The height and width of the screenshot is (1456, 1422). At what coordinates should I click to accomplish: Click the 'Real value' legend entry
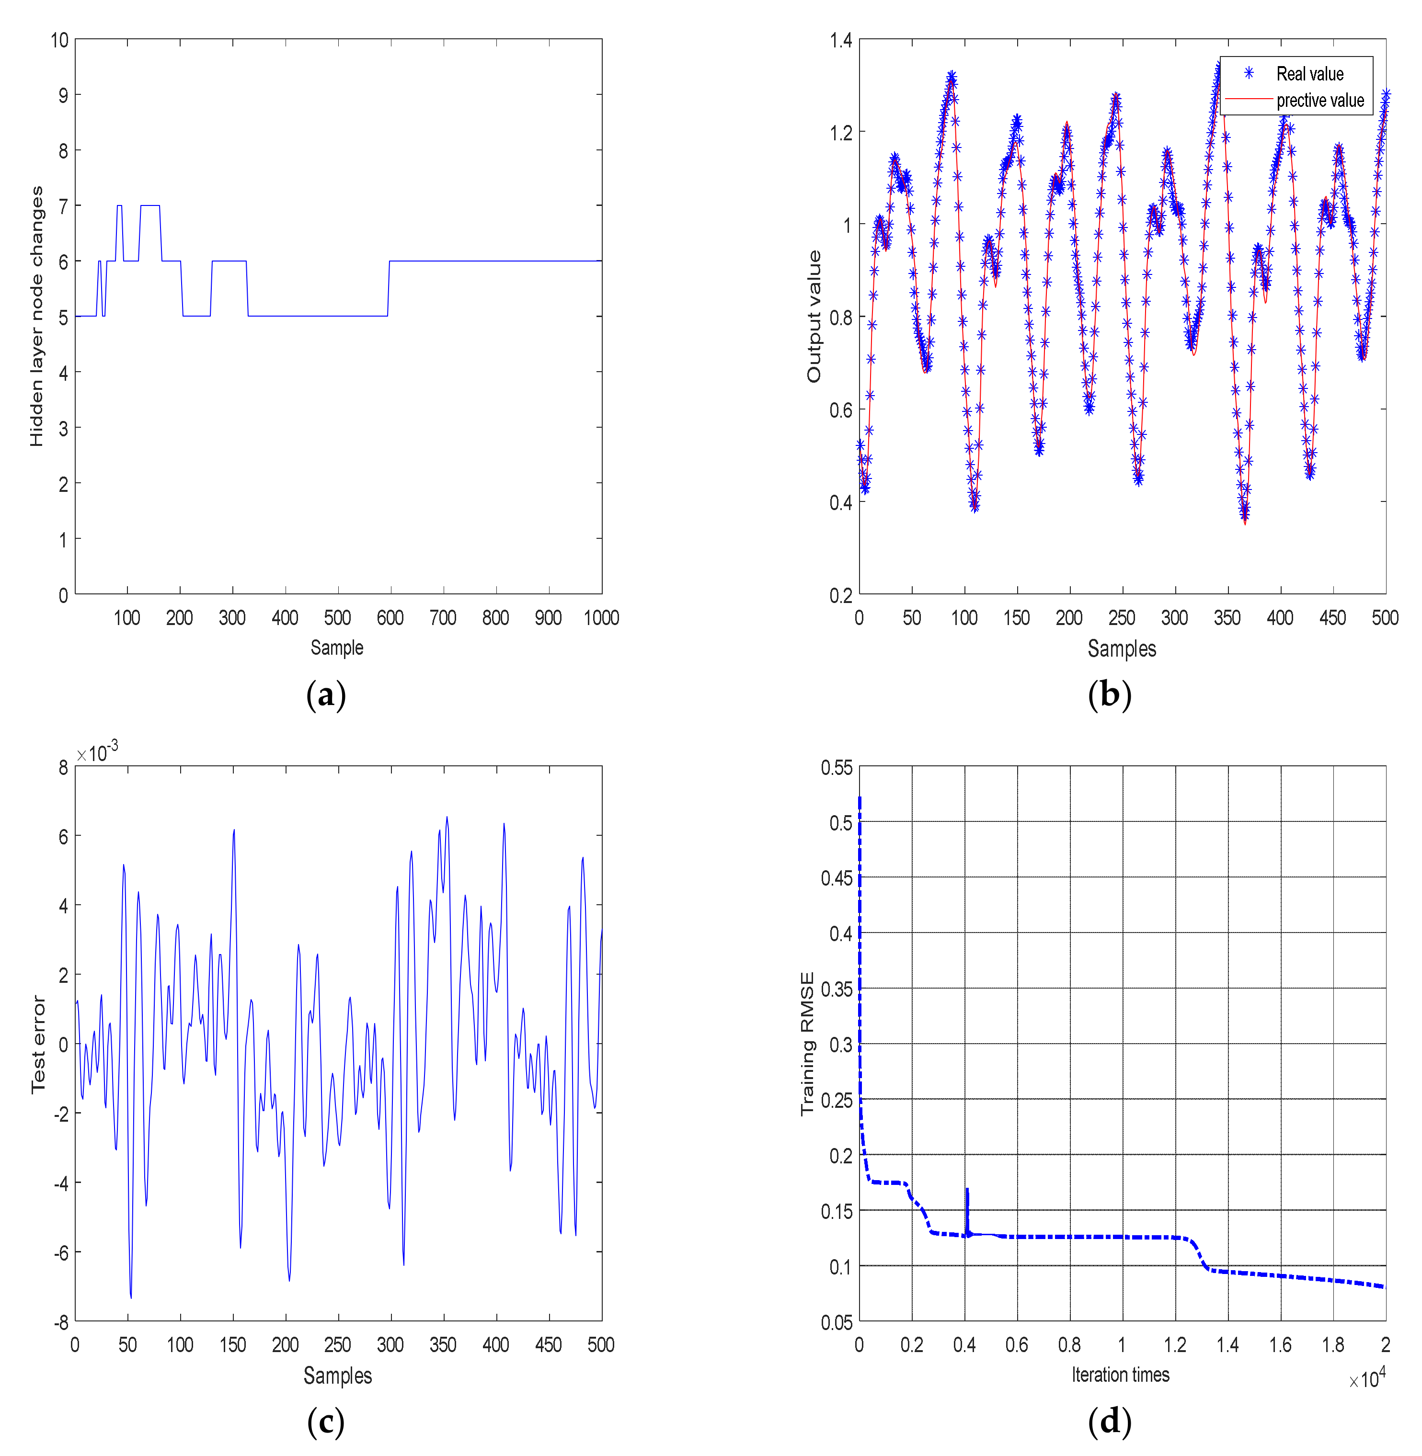1309,74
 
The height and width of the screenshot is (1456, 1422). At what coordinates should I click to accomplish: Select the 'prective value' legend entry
1319,100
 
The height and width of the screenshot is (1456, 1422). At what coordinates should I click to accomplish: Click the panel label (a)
326,695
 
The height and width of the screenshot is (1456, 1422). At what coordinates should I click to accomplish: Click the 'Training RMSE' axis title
807,1043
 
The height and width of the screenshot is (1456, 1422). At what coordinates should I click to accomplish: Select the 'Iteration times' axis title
1120,1375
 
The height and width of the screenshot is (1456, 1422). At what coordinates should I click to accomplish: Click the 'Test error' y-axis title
38,1044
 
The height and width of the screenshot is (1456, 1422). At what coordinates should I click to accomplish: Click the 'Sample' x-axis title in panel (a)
337,648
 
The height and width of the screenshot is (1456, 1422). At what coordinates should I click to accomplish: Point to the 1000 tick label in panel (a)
601,617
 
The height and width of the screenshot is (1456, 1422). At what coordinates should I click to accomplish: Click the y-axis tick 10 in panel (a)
60,40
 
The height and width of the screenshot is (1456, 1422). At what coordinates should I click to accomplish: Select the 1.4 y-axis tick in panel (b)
841,40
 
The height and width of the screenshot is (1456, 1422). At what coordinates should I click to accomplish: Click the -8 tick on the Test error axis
61,1322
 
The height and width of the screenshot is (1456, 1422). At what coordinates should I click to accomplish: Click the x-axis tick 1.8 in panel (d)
1333,1345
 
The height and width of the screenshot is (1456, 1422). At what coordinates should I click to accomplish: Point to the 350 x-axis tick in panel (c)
443,1345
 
